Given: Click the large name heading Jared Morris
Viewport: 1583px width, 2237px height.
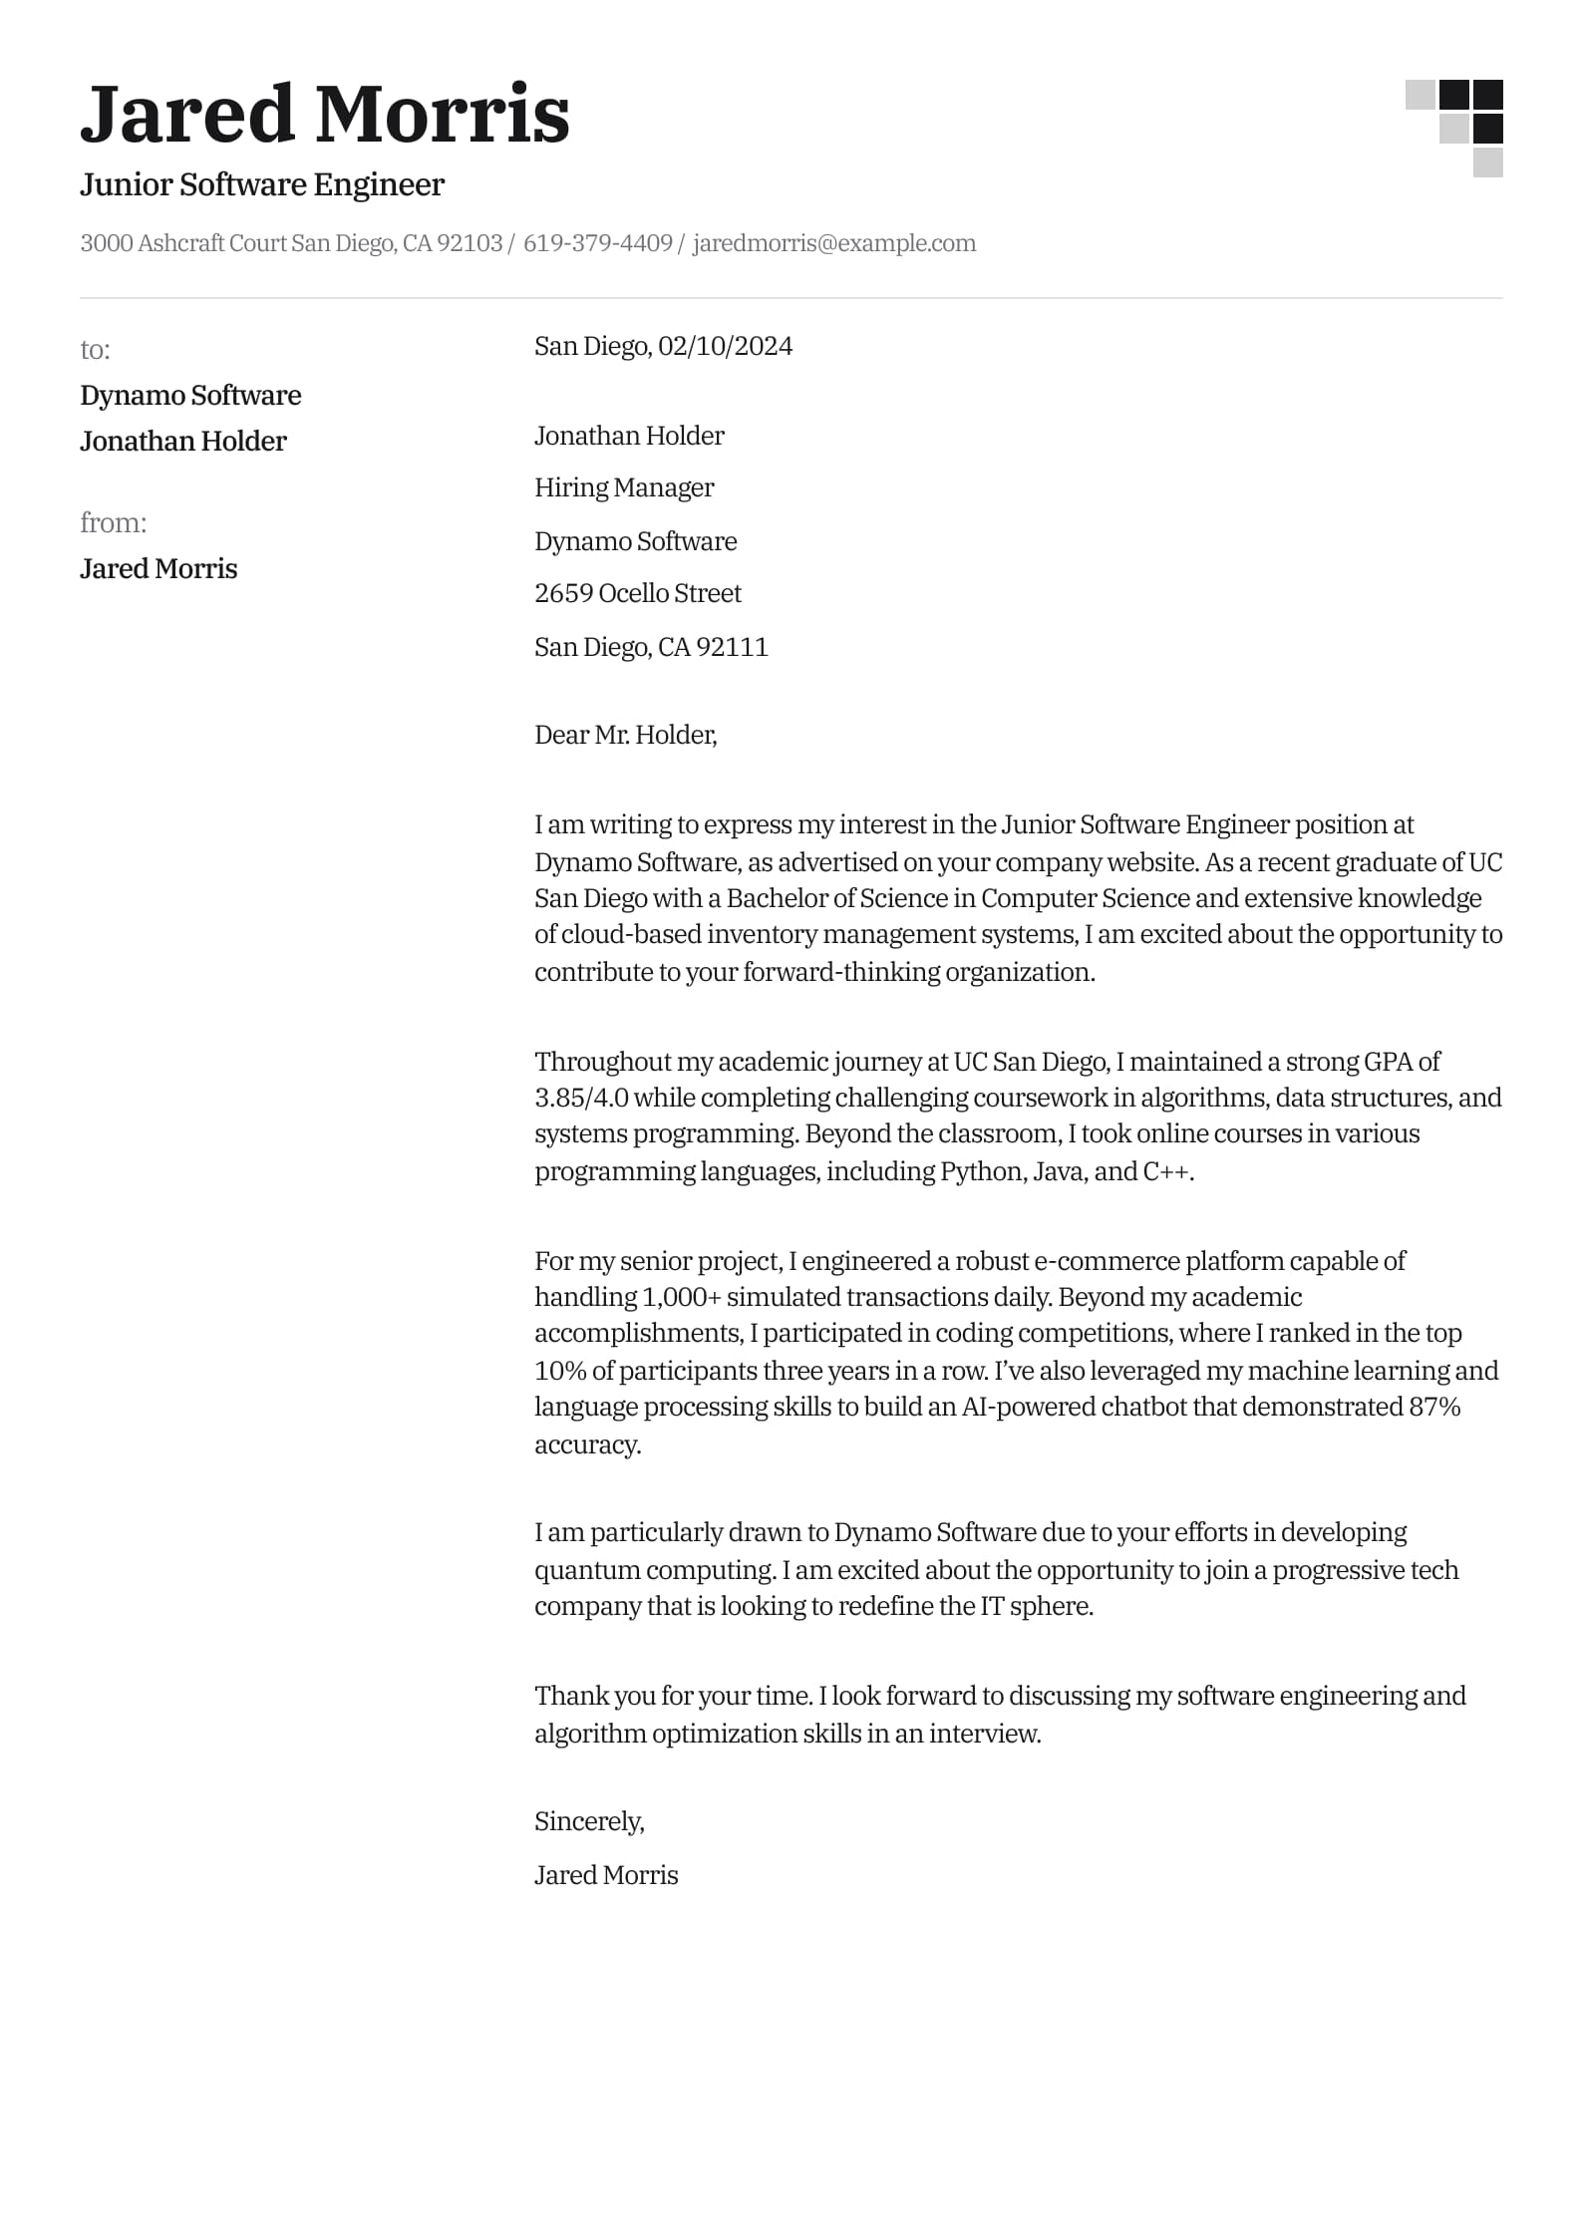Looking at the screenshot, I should (324, 114).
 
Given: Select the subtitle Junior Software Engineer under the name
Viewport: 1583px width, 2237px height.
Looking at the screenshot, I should (262, 184).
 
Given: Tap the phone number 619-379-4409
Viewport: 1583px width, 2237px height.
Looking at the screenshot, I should (597, 243).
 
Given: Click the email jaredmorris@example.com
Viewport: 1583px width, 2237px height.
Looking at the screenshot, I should (833, 243).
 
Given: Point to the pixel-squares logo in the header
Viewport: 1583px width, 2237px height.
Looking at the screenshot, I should (1454, 128).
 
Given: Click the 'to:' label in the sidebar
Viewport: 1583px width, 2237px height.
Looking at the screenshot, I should (95, 349).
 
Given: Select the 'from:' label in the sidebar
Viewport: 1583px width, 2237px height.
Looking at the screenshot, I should (113, 522).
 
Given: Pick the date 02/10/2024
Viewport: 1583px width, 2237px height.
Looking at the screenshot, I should (725, 346).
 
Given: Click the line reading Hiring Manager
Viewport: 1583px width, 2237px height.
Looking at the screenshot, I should (624, 487).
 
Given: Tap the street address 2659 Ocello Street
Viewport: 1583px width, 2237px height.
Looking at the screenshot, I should (638, 593).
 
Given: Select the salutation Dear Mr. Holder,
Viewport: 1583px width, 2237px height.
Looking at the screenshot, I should (626, 735).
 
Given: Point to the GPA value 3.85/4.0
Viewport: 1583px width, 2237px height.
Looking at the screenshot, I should (581, 1098).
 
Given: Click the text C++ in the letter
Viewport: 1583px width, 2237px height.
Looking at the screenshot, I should (1165, 1170).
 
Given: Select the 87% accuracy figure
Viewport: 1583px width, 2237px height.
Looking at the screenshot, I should (1433, 1407).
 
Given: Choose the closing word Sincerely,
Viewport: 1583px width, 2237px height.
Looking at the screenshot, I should (589, 1821).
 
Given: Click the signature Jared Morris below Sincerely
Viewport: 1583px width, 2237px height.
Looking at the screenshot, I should (606, 1875).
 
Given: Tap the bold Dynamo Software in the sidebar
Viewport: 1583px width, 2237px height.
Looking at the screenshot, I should (190, 396).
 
